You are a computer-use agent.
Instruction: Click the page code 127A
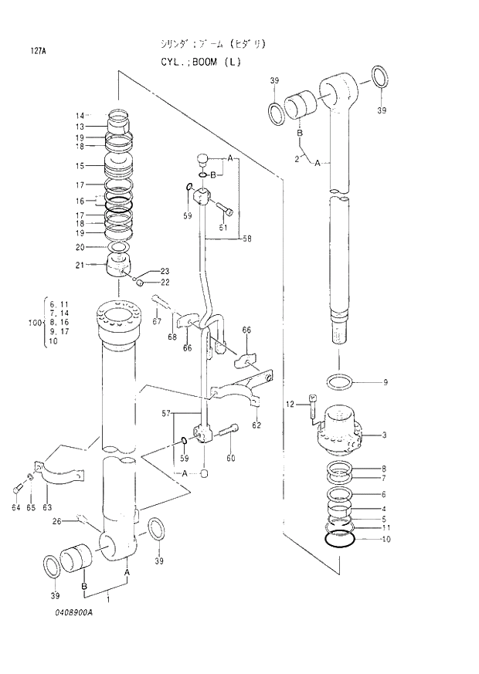point(39,52)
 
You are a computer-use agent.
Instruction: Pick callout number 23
point(165,271)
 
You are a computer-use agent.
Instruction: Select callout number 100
point(33,322)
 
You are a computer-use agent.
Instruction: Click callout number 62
point(256,424)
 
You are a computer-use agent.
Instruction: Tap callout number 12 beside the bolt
point(290,404)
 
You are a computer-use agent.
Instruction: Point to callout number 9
point(385,382)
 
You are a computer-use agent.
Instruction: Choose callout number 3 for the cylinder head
point(385,435)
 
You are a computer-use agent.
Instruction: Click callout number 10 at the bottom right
point(386,539)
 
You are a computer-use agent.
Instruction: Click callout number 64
point(15,507)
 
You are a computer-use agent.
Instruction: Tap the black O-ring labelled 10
point(340,539)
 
